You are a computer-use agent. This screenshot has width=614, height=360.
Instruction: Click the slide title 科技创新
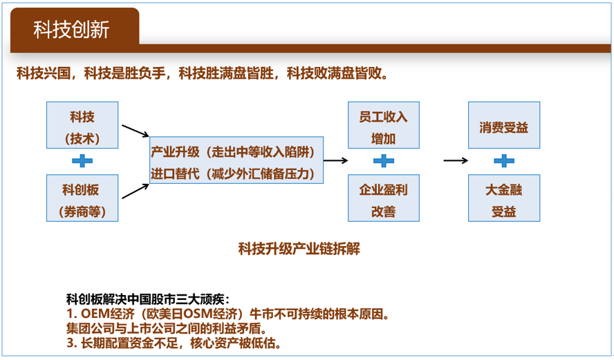(71, 30)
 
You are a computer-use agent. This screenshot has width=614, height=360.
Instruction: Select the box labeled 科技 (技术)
(82, 125)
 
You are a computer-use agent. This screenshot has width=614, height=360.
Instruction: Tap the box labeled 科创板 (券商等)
(82, 198)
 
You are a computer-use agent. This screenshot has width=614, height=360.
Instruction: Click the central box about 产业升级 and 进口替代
(236, 160)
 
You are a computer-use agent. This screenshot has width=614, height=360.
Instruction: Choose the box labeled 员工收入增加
(384, 125)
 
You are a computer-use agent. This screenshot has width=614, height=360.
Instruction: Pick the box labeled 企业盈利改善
(384, 198)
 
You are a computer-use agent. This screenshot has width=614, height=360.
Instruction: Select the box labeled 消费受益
(504, 125)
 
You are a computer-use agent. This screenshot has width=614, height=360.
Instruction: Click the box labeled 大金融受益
(504, 198)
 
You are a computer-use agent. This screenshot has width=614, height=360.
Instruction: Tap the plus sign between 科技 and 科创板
(82, 161)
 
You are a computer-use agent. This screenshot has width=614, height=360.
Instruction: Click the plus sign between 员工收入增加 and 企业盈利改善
(384, 161)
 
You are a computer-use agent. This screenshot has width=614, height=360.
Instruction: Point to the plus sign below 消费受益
(504, 161)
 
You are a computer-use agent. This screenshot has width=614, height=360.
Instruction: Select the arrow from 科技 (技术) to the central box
(136, 131)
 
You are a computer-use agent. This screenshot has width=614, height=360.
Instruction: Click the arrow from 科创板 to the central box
(136, 191)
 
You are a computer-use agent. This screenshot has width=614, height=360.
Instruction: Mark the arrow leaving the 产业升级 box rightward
(336, 160)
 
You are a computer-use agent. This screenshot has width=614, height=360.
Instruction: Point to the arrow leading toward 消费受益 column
(456, 160)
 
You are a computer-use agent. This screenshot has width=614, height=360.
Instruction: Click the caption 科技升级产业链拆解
(299, 249)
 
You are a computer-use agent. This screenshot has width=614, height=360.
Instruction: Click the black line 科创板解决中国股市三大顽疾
(148, 299)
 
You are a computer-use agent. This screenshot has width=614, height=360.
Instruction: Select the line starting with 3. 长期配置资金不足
(174, 343)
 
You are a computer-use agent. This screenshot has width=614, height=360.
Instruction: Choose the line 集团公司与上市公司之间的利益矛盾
(167, 328)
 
